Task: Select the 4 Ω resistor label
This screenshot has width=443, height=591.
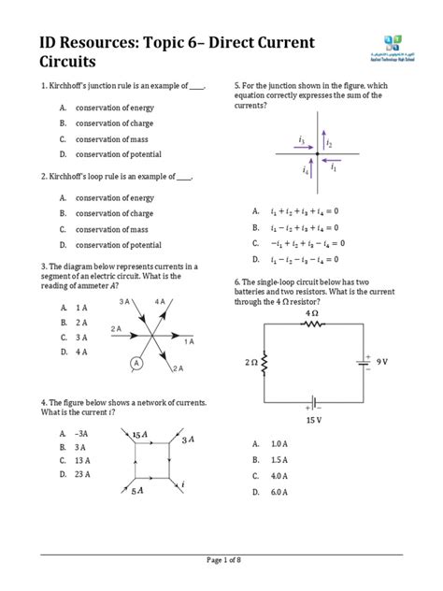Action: click(311, 313)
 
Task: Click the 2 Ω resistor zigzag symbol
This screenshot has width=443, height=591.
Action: click(264, 361)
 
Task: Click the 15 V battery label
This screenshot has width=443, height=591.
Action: click(312, 420)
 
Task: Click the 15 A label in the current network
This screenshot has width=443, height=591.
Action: click(140, 436)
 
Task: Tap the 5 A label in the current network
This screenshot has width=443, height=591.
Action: click(138, 490)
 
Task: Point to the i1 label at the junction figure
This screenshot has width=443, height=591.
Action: click(334, 169)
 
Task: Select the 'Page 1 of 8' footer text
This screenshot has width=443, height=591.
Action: click(221, 560)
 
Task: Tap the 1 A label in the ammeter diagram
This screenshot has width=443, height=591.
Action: click(189, 342)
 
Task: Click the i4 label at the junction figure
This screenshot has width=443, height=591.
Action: click(305, 170)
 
